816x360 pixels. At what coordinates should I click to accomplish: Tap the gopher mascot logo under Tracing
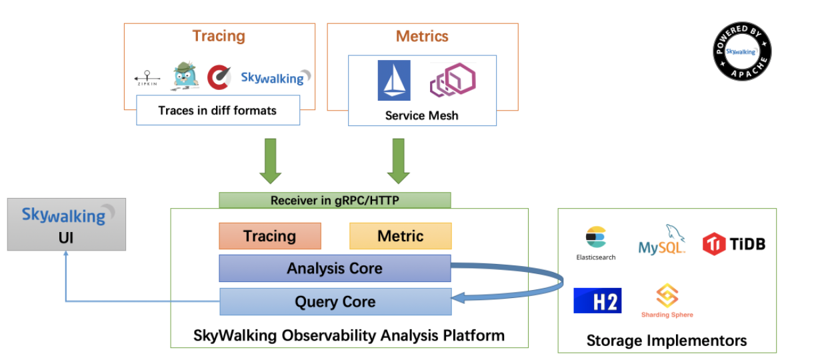click(185, 75)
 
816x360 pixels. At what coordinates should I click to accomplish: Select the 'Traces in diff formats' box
click(217, 110)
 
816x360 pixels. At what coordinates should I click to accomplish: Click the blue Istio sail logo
click(394, 80)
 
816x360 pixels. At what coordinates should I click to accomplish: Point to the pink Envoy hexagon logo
click(453, 81)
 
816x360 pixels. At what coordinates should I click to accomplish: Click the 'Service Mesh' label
click(422, 115)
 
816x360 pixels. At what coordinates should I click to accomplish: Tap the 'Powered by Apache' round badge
click(742, 51)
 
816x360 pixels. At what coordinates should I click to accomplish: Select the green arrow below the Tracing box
click(271, 161)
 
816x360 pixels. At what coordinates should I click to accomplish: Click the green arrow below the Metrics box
click(399, 161)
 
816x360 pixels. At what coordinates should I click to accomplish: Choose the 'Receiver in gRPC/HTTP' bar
click(335, 200)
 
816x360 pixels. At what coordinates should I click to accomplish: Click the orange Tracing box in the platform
click(270, 236)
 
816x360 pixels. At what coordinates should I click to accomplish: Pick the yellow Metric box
click(401, 236)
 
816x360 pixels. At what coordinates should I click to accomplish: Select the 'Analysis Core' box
click(335, 269)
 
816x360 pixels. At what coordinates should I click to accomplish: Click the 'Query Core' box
click(335, 301)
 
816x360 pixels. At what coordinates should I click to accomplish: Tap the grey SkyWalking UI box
click(67, 224)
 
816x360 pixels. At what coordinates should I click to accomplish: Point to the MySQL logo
click(662, 242)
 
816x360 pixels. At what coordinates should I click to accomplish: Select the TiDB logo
click(734, 244)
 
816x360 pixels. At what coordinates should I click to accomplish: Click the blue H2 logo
click(597, 301)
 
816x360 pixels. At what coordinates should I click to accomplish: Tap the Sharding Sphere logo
click(667, 301)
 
